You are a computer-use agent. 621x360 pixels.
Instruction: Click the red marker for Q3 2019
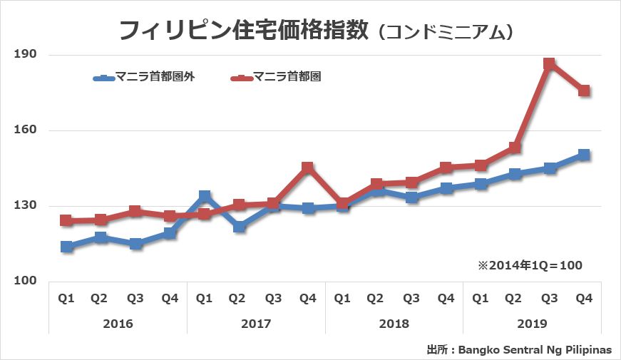(x=549, y=64)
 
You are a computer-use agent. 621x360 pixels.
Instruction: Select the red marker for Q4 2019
(x=584, y=91)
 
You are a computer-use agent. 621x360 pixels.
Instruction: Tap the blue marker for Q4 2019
(x=584, y=155)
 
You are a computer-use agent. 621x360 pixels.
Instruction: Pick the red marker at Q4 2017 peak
(x=307, y=168)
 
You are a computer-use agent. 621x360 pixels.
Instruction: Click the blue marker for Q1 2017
(x=205, y=196)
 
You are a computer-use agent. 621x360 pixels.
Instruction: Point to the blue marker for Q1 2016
(x=66, y=247)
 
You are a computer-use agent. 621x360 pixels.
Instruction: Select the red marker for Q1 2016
(x=66, y=220)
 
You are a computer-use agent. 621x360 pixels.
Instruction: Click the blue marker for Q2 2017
(x=239, y=227)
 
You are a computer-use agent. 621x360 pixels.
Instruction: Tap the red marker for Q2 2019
(x=515, y=148)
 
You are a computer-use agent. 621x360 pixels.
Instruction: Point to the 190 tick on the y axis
(x=26, y=55)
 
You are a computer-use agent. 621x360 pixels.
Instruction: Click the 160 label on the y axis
(x=26, y=130)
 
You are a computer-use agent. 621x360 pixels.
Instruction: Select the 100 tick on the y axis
(x=26, y=282)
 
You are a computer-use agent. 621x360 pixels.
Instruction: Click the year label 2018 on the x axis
(x=394, y=324)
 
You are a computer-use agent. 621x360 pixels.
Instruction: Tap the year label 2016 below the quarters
(x=118, y=324)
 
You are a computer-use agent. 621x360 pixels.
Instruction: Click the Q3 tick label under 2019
(x=549, y=299)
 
